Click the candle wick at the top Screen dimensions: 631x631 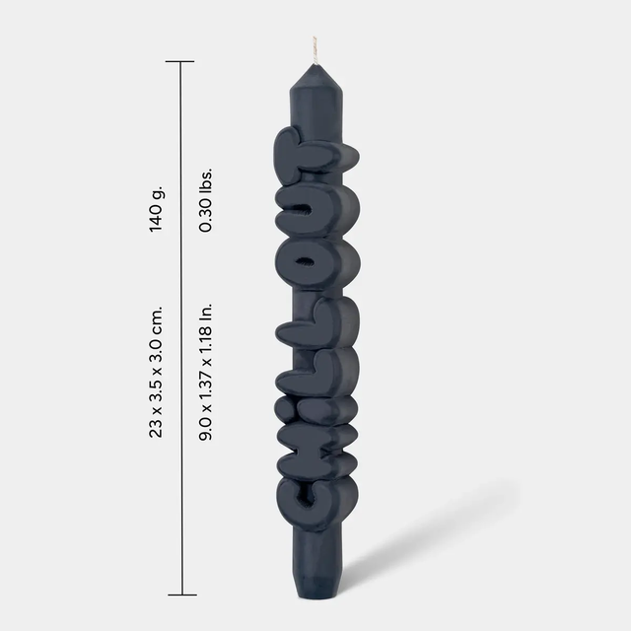point(315,47)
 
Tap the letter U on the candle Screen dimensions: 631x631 point(314,204)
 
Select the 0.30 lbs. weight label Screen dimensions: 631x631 point(206,200)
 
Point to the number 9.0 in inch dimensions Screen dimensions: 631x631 point(206,426)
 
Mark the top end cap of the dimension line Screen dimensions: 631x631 point(180,61)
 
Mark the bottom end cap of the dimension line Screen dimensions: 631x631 point(180,596)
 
